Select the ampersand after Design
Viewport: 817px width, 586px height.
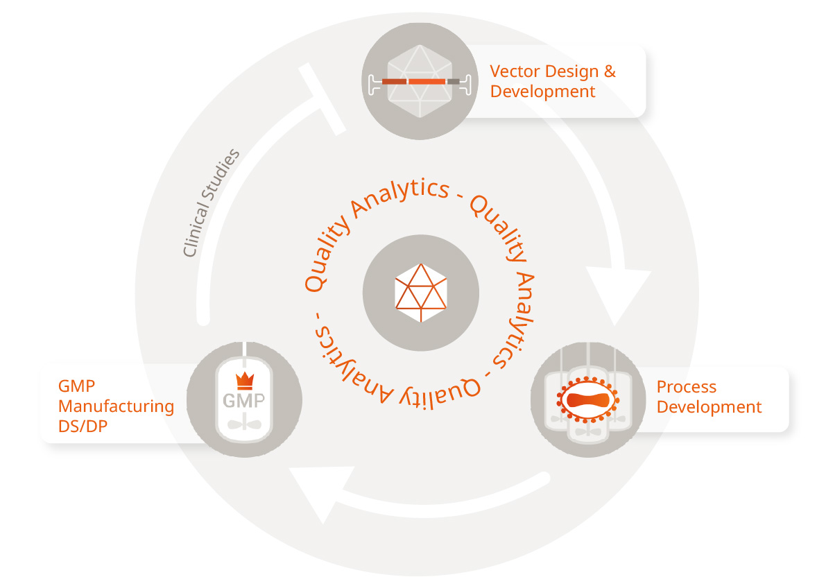click(610, 71)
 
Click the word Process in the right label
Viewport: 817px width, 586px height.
click(686, 387)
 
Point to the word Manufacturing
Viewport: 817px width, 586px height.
click(116, 406)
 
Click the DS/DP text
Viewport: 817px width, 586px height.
click(83, 426)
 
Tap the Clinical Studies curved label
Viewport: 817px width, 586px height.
click(211, 202)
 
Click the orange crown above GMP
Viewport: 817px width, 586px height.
click(244, 379)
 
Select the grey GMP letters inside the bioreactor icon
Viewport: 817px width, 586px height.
click(243, 401)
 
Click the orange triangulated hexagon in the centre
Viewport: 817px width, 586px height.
click(420, 292)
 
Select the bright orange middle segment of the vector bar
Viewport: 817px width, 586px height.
click(426, 82)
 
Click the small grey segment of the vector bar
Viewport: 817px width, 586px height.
click(453, 82)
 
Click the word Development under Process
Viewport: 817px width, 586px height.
click(709, 407)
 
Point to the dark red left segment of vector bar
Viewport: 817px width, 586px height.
click(393, 82)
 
